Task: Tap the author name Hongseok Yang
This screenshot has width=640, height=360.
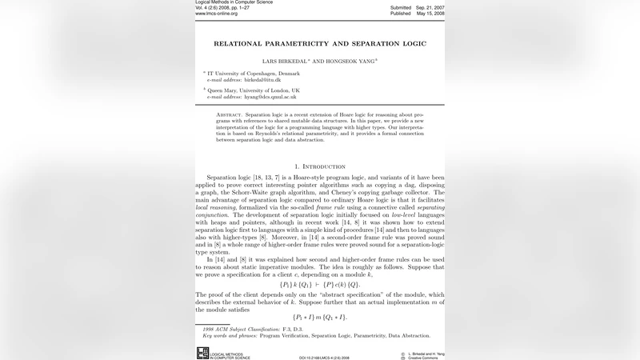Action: pyautogui.click(x=352, y=60)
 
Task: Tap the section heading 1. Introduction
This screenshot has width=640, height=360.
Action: pyautogui.click(x=320, y=166)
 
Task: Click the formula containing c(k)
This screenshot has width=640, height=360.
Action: pyautogui.click(x=319, y=284)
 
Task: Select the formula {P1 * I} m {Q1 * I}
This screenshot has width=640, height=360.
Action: pyautogui.click(x=319, y=318)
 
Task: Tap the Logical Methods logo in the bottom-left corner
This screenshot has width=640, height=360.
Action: pyautogui.click(x=202, y=353)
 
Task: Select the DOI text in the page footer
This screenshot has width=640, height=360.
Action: pyautogui.click(x=324, y=358)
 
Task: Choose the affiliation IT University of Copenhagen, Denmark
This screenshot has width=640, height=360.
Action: pyautogui.click(x=254, y=74)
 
